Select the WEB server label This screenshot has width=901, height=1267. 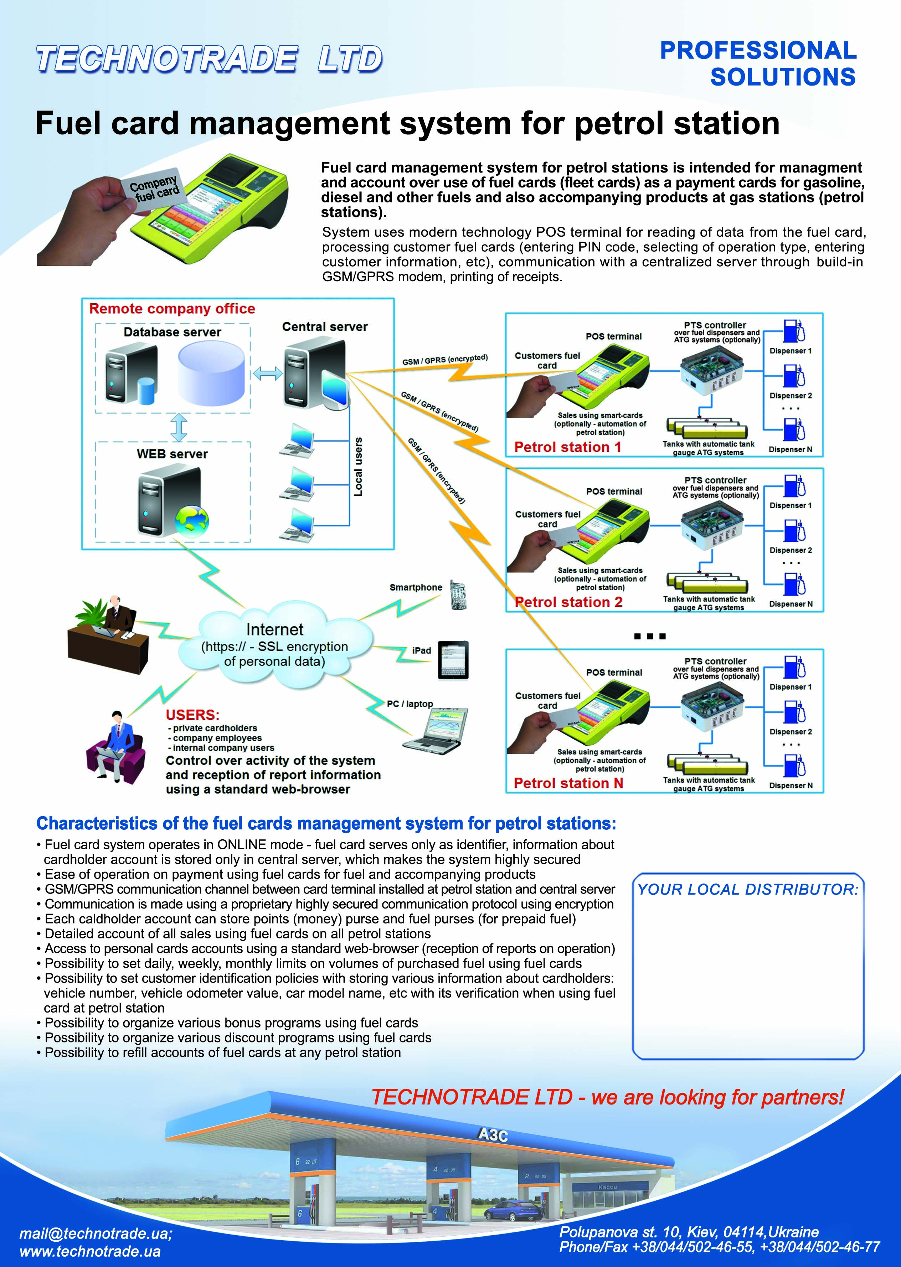(x=172, y=454)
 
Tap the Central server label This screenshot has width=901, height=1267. (x=325, y=327)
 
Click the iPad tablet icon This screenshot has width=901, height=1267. (x=453, y=660)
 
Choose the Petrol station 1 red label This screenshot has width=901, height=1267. (x=567, y=447)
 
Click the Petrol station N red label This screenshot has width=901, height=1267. (x=568, y=783)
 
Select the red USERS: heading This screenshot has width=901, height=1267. (x=192, y=715)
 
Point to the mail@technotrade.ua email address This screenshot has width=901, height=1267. (x=96, y=1234)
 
